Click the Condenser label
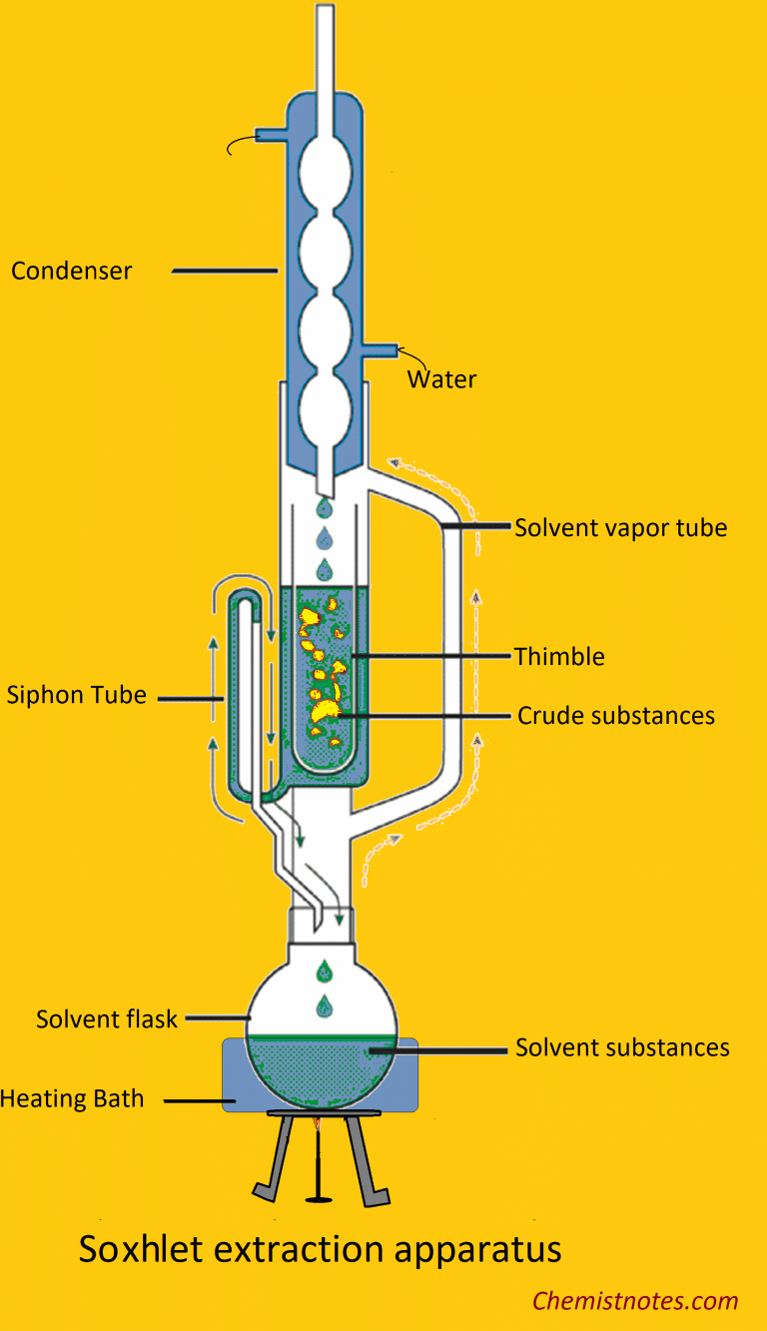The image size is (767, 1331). click(x=71, y=271)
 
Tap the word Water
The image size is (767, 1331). click(x=441, y=379)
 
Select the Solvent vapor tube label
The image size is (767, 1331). click(x=620, y=527)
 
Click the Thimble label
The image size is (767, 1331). click(x=559, y=656)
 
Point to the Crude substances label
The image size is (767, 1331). click(x=615, y=716)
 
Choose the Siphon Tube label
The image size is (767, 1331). click(x=76, y=695)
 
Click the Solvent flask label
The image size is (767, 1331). click(x=106, y=1019)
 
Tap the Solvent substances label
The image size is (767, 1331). click(x=622, y=1047)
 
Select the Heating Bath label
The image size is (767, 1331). click(x=72, y=1099)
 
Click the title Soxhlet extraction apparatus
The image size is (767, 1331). click(x=320, y=1249)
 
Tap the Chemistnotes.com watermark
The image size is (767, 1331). click(x=635, y=1301)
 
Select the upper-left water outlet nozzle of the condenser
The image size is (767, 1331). click(x=271, y=134)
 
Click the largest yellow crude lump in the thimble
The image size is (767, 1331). click(x=326, y=712)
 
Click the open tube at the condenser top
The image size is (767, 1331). click(x=326, y=40)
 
